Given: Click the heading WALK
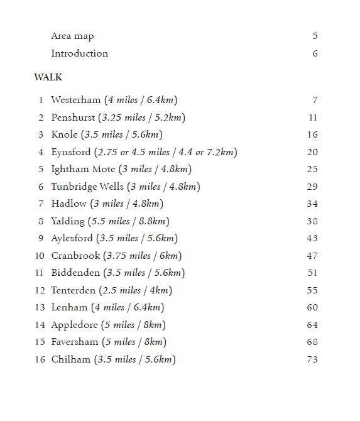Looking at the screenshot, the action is tap(48, 78).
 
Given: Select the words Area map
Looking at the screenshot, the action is tap(72, 36).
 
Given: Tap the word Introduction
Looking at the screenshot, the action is tap(79, 53).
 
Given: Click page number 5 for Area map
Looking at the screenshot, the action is tap(315, 36).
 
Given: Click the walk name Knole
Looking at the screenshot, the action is tap(65, 134).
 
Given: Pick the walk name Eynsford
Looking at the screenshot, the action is tap(71, 152).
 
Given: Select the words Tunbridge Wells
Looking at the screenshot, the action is tap(87, 187).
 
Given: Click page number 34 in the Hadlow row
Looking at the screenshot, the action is tap(312, 204).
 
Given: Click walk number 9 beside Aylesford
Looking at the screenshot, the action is tap(41, 238).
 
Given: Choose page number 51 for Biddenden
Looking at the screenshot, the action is tap(312, 273).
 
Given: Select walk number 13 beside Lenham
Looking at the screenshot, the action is tap(40, 307).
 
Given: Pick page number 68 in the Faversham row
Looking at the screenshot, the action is tap(312, 342).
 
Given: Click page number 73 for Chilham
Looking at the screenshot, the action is tap(312, 359).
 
